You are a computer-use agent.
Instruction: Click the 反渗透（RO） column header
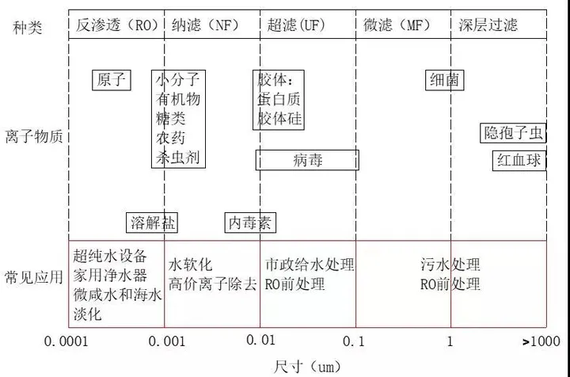point(117,25)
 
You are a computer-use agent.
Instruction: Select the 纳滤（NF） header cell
point(205,25)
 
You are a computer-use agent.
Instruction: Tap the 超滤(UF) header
point(296,25)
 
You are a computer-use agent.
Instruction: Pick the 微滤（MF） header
point(397,25)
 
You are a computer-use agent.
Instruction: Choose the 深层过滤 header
point(488,25)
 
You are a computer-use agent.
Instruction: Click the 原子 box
point(112,80)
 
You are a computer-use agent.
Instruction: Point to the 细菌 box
point(445,80)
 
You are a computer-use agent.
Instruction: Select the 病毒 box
point(307,160)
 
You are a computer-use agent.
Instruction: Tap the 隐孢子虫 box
point(513,133)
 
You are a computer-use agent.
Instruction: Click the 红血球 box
point(519,160)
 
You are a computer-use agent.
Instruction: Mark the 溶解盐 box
point(152,223)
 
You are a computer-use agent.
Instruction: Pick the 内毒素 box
point(250,223)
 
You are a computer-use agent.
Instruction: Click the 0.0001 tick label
point(66,341)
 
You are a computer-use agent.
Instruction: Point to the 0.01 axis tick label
point(260,340)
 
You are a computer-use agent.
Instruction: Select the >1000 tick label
point(541,341)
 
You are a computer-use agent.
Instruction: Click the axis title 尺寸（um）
point(307,367)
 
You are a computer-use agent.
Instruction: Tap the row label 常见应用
point(34,277)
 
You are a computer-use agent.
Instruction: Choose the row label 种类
point(27,28)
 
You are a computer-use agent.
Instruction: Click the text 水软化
point(190,265)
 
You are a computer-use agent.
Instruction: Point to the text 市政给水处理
point(310,265)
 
